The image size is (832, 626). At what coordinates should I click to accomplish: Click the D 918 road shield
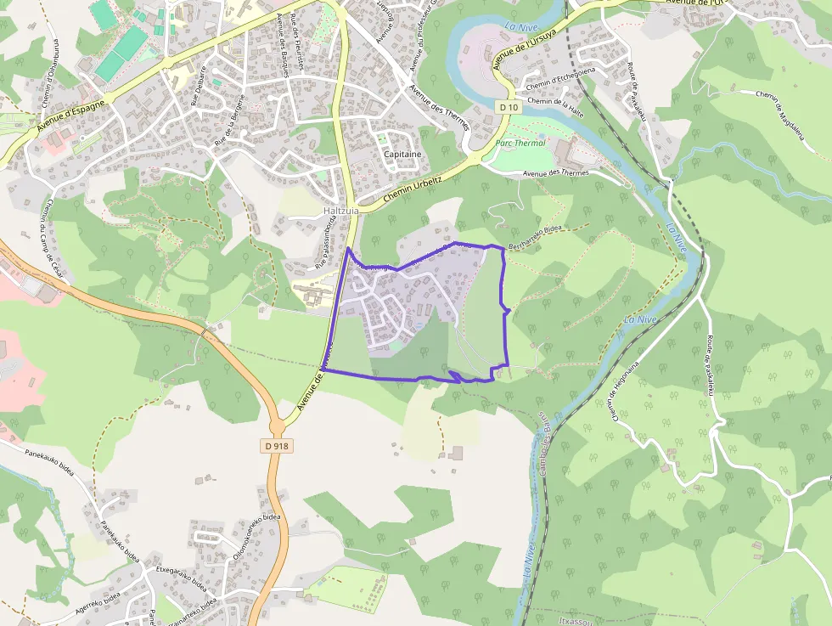277,445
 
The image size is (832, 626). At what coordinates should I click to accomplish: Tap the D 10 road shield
509,107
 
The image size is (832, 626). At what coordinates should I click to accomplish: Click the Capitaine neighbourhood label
402,154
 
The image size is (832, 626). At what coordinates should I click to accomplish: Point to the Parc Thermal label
520,144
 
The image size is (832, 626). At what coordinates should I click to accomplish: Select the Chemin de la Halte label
556,101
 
